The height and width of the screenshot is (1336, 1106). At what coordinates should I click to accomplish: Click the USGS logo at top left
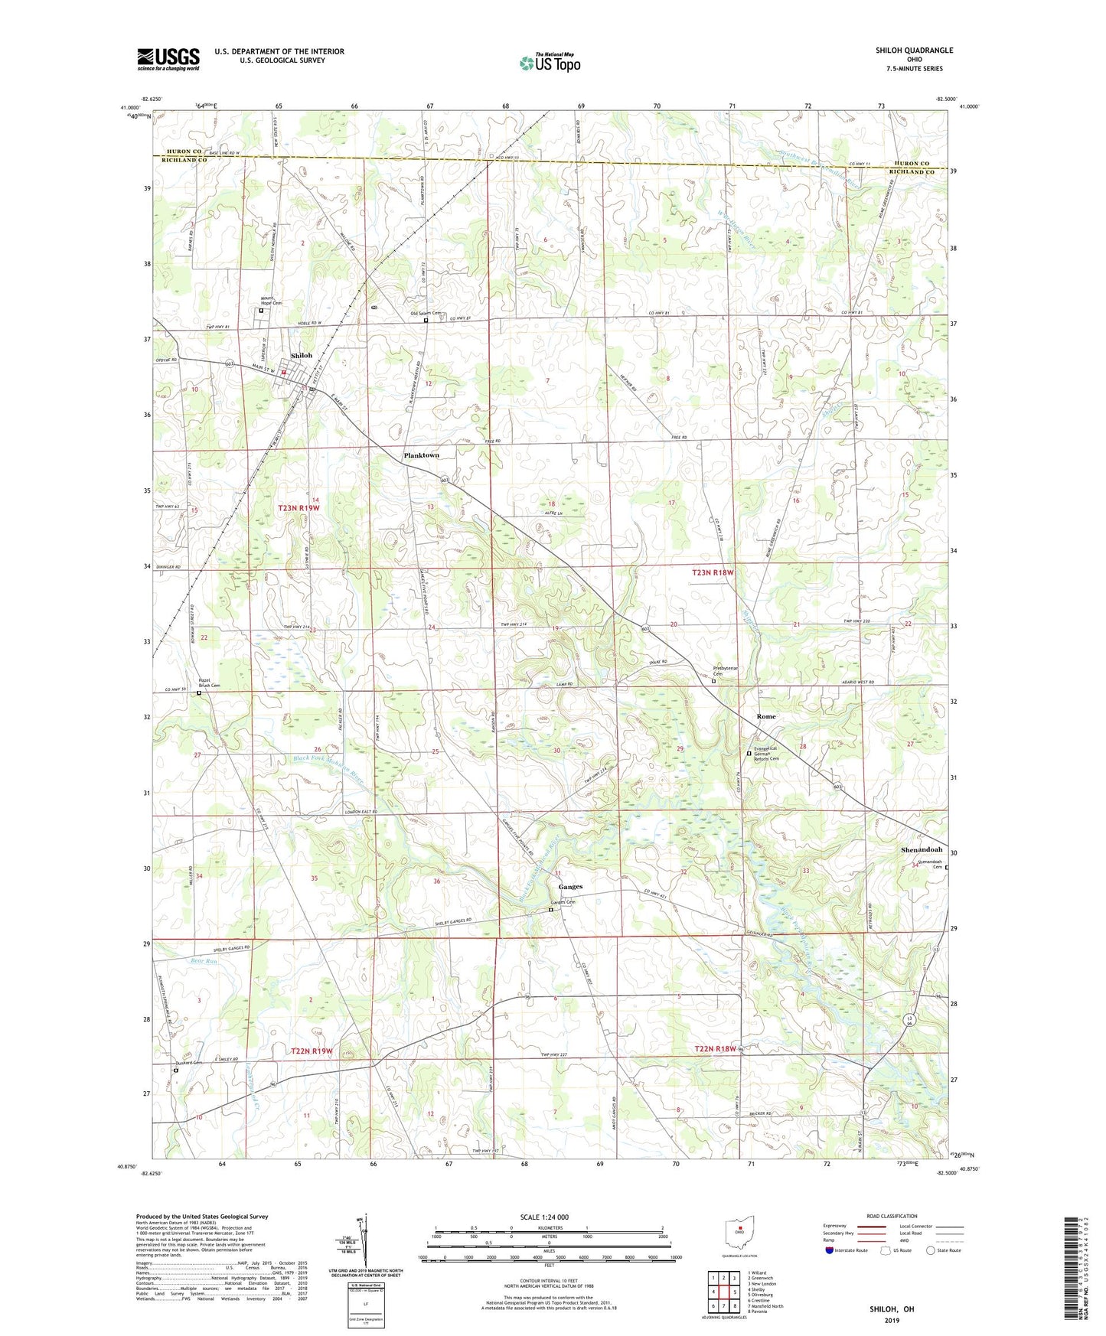pyautogui.click(x=168, y=59)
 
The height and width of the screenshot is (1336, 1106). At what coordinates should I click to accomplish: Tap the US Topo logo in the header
pyautogui.click(x=549, y=63)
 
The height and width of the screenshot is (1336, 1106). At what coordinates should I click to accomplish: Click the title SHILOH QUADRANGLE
pyautogui.click(x=914, y=51)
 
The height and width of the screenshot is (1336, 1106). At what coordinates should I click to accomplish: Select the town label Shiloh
pyautogui.click(x=301, y=356)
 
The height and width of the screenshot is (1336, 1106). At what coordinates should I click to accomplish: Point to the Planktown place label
pyautogui.click(x=421, y=455)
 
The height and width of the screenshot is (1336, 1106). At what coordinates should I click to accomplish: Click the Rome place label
pyautogui.click(x=765, y=716)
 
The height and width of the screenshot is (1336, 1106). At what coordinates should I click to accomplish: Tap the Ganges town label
pyautogui.click(x=570, y=887)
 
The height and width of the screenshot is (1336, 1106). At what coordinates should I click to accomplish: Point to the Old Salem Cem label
pyautogui.click(x=426, y=313)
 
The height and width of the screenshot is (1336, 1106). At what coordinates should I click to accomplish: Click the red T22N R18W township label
pyautogui.click(x=716, y=1048)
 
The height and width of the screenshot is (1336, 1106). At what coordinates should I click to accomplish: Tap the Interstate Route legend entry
pyautogui.click(x=846, y=1250)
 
